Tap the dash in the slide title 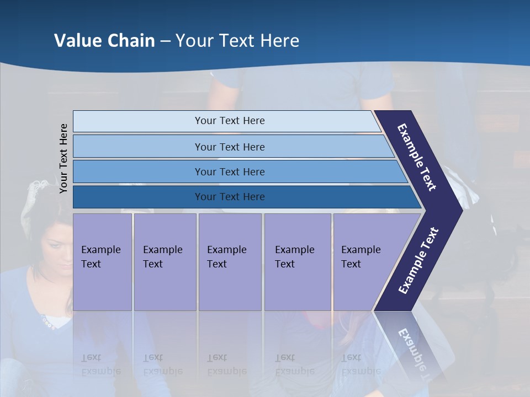(165, 41)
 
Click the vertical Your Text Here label (63, 159)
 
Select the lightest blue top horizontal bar (229, 121)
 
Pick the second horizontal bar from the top (229, 147)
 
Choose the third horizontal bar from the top (229, 171)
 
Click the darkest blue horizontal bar (229, 197)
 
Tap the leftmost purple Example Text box (102, 262)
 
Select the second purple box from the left (165, 262)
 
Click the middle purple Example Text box (230, 262)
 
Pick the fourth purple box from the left (297, 262)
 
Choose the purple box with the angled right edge (364, 262)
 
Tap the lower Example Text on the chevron (418, 260)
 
